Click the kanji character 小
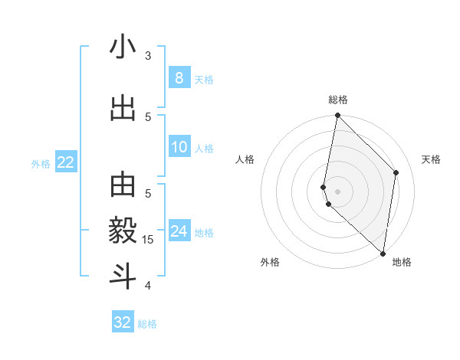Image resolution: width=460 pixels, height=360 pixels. click(x=123, y=47)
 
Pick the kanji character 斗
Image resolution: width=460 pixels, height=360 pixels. click(x=123, y=275)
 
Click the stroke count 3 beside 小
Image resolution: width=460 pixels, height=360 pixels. click(x=148, y=56)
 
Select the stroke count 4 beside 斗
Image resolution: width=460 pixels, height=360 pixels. click(x=148, y=286)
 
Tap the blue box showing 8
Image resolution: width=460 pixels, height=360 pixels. click(x=179, y=77)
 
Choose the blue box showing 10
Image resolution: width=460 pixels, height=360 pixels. click(x=179, y=146)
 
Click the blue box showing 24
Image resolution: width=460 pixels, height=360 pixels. click(x=179, y=231)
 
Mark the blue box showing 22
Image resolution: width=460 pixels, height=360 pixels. click(x=65, y=162)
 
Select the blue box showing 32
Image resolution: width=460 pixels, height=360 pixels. click(x=123, y=322)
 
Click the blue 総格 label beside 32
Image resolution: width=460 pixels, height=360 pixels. click(x=147, y=324)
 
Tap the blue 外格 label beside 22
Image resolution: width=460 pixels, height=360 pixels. click(x=41, y=163)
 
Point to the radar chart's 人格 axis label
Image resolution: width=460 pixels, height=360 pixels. click(x=245, y=159)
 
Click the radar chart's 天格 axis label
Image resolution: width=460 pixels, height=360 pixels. click(x=431, y=159)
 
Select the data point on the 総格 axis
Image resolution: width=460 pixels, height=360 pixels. click(x=337, y=116)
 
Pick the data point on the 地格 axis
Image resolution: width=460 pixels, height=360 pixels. click(x=383, y=253)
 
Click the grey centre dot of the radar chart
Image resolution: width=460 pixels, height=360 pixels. click(x=337, y=191)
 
